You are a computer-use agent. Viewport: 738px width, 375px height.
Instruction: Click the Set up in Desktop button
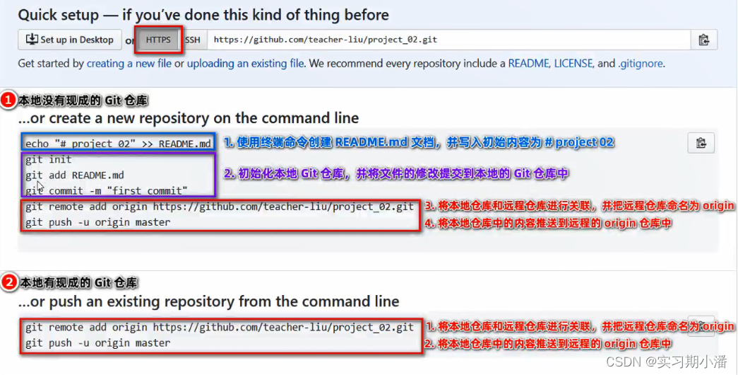click(70, 40)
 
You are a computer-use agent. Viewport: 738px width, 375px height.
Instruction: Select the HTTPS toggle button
click(158, 40)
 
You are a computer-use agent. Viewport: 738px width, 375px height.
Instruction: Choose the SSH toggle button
click(193, 40)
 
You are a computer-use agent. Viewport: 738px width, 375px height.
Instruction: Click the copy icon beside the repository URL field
click(703, 40)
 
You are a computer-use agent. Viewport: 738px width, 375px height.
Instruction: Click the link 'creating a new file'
click(129, 64)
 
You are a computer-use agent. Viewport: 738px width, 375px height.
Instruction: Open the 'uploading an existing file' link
click(237, 64)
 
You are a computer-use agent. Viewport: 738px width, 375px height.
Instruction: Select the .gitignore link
click(641, 64)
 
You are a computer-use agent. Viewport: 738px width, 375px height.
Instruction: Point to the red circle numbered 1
click(8, 100)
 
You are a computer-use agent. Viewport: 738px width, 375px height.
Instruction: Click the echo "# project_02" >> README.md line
click(118, 144)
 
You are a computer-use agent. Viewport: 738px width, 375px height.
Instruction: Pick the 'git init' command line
click(48, 160)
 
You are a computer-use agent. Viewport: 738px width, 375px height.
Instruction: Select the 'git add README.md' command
click(75, 175)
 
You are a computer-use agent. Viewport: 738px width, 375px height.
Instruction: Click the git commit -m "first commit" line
click(107, 190)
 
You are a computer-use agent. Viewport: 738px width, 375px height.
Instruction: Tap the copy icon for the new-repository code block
click(701, 143)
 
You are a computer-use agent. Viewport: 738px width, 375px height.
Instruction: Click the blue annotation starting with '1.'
click(419, 142)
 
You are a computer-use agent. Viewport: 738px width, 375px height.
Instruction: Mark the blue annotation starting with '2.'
click(396, 173)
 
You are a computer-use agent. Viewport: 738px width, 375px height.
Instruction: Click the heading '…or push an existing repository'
click(209, 302)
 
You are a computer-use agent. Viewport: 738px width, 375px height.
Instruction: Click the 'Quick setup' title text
click(203, 15)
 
